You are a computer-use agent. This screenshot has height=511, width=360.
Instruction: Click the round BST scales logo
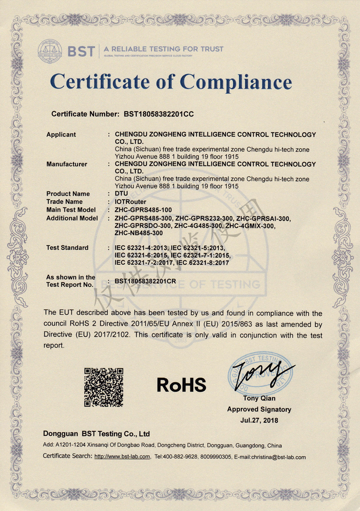coord(50,51)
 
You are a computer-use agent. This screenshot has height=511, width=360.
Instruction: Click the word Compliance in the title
coord(236,82)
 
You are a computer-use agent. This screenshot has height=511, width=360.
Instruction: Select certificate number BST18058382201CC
coord(159,114)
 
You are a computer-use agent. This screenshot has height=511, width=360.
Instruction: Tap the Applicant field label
coord(61,135)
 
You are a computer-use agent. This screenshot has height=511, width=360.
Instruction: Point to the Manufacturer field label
coord(67,164)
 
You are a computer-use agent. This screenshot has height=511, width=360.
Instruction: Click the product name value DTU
coord(121,194)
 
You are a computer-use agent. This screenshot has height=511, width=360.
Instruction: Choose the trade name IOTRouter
coord(130,202)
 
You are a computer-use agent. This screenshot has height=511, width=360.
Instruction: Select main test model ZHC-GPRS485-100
coord(143,210)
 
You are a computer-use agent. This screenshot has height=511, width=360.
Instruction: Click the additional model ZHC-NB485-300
coord(139,233)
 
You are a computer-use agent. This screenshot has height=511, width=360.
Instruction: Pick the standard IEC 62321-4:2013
coord(141,248)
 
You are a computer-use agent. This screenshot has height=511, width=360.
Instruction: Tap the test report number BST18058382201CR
coord(145,281)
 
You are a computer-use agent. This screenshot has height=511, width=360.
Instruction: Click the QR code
coord(104,387)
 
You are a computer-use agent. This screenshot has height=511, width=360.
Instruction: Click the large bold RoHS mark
coord(181,385)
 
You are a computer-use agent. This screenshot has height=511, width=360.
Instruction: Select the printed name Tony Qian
coord(259,398)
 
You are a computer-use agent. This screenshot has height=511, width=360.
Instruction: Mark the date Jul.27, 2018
coord(259,420)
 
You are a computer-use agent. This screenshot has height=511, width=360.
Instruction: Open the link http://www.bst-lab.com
coord(122,457)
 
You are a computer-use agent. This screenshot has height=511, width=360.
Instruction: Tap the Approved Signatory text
coord(259,410)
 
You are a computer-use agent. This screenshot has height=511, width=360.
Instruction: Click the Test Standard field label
coord(67,248)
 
